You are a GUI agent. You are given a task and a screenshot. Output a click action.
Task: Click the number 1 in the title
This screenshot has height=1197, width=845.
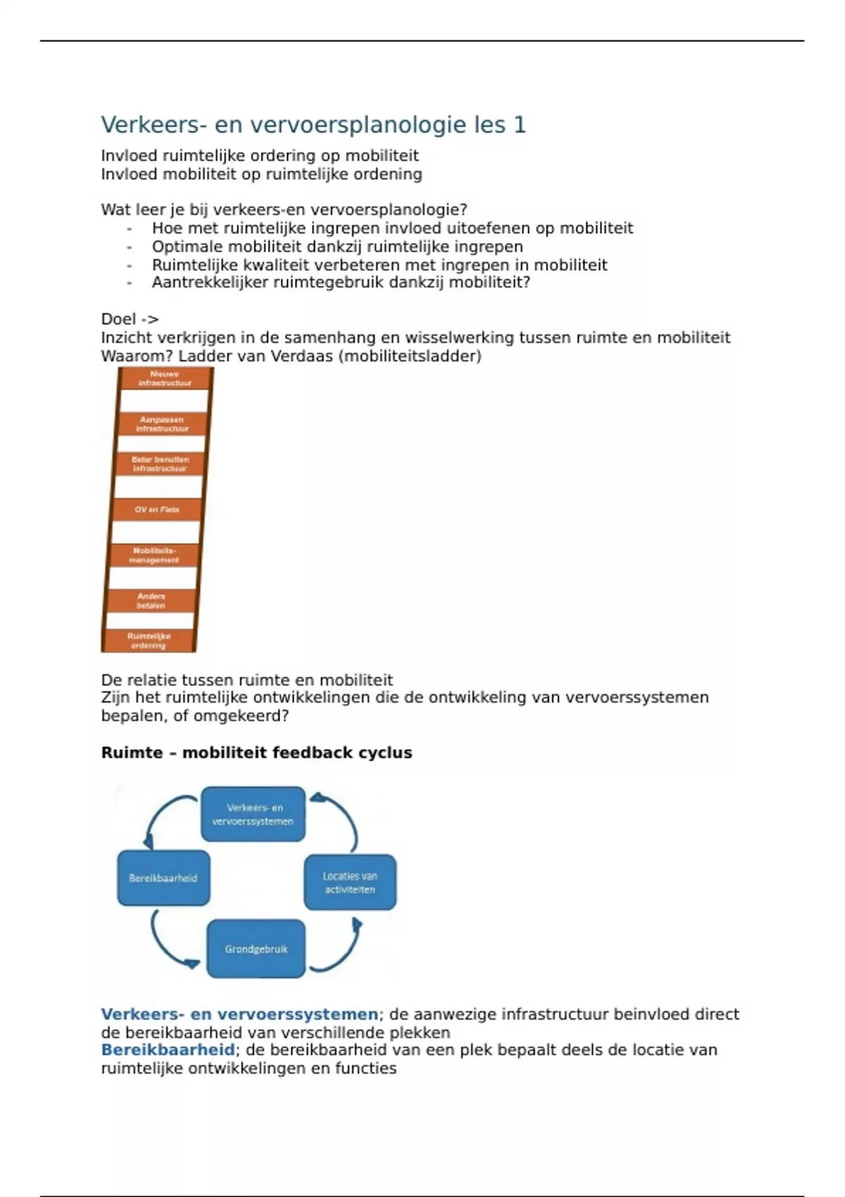(520, 125)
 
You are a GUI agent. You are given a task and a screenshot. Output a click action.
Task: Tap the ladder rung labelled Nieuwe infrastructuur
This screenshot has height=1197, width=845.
(165, 379)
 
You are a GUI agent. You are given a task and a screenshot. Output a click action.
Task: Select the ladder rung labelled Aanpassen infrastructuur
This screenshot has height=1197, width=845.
(162, 424)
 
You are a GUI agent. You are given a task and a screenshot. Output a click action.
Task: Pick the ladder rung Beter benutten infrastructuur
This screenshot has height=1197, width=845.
(160, 464)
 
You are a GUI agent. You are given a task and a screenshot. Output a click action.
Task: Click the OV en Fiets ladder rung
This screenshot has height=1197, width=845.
(157, 509)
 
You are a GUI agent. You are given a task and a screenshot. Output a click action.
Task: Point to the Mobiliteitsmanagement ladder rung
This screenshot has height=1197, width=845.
(154, 555)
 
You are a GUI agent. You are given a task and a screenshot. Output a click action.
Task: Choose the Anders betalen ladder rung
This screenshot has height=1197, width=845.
(151, 601)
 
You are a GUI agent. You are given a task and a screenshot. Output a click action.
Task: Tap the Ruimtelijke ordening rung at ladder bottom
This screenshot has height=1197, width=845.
(149, 640)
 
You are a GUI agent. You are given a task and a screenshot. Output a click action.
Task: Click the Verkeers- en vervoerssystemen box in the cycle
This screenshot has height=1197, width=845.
(254, 815)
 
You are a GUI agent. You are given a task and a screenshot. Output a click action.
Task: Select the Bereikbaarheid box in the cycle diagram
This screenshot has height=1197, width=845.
(163, 878)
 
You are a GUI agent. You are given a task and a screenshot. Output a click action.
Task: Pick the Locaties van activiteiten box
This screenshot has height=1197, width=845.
(350, 883)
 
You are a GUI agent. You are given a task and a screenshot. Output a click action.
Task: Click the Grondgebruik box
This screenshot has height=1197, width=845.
(256, 949)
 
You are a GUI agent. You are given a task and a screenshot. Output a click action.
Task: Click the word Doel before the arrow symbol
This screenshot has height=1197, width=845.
(118, 319)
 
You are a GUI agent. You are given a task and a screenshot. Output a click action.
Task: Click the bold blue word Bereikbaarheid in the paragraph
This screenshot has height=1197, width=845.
(168, 1050)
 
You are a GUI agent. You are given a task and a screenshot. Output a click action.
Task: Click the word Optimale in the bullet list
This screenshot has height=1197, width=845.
(182, 247)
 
